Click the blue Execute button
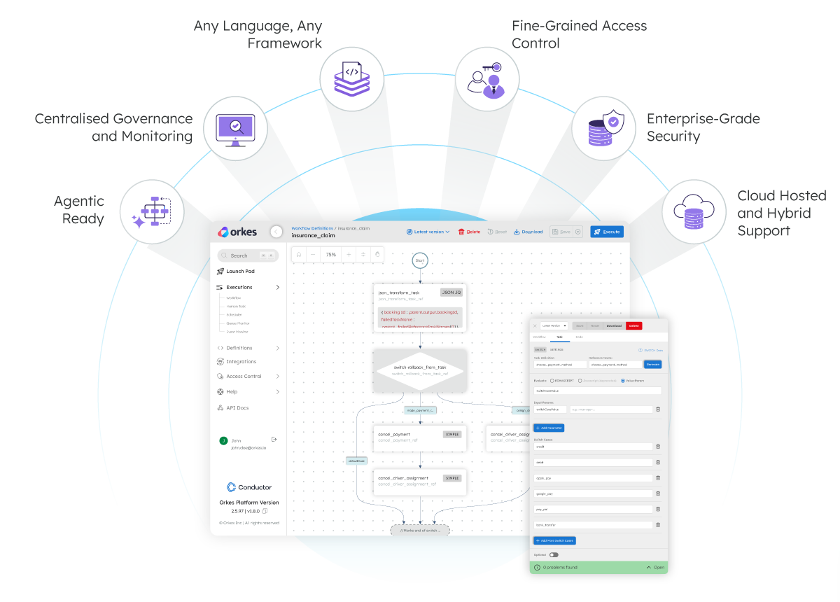click(606, 232)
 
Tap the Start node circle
click(420, 260)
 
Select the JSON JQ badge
click(451, 293)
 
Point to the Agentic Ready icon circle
click(151, 211)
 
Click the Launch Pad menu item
click(240, 272)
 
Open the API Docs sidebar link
click(237, 408)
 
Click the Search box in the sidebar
click(248, 255)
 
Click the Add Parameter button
click(549, 428)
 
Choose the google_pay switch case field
click(593, 493)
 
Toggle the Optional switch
click(554, 554)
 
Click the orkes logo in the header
click(237, 232)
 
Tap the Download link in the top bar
click(528, 232)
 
